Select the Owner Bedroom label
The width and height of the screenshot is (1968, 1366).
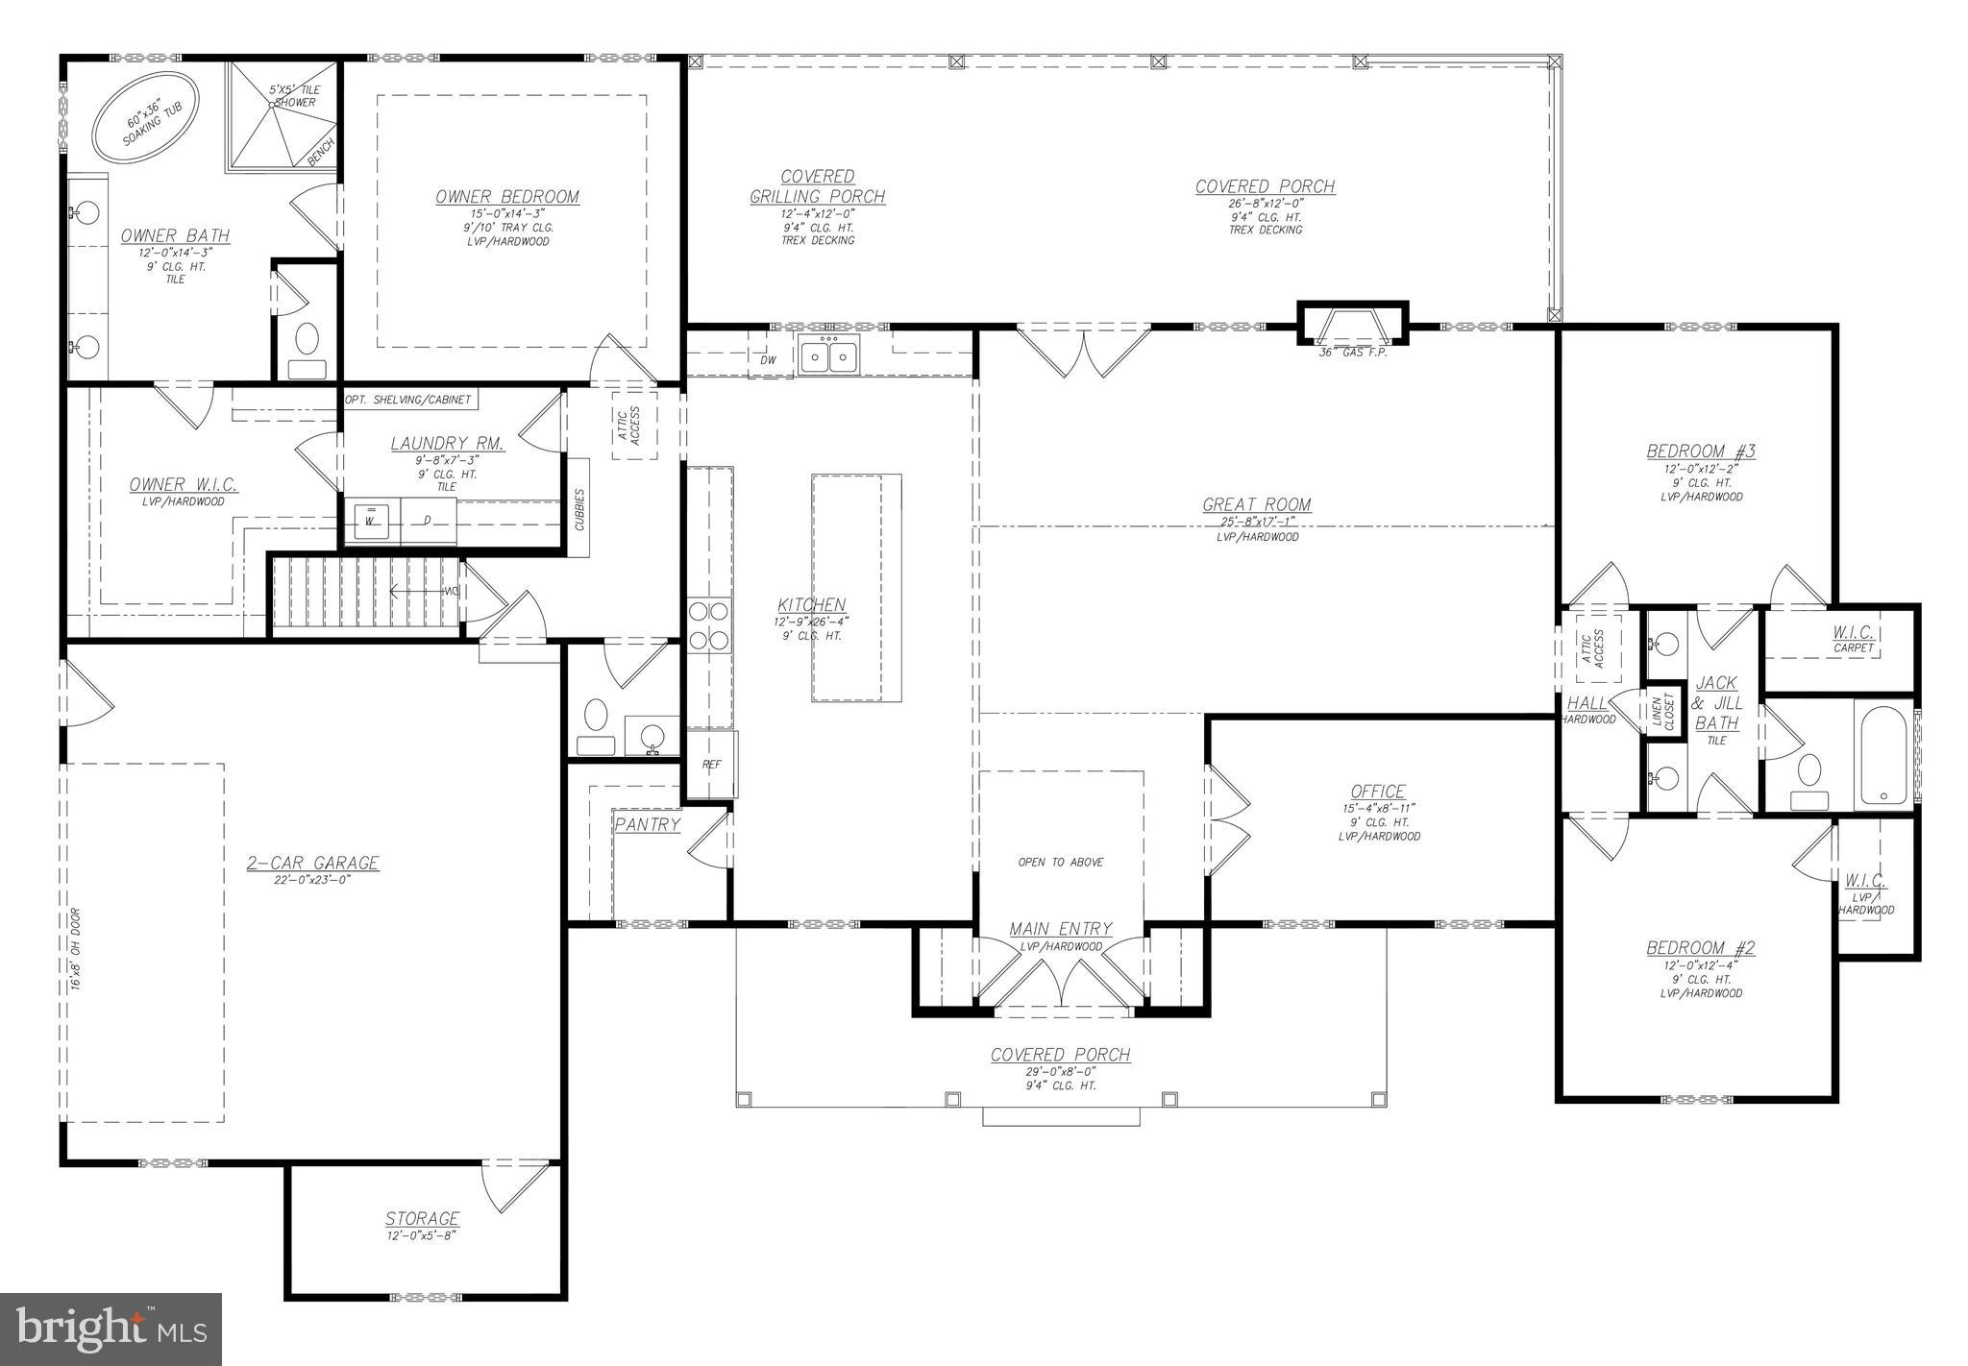(x=507, y=197)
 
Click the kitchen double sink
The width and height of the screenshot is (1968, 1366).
(x=828, y=356)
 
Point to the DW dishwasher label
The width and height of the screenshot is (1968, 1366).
(x=768, y=359)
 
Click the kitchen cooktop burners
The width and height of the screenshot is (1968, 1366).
(x=708, y=625)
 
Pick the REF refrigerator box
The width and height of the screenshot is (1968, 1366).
(x=711, y=765)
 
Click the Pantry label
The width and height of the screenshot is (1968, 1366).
(x=647, y=824)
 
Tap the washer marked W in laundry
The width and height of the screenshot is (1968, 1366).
(x=370, y=522)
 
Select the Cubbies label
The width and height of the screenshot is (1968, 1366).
(x=579, y=508)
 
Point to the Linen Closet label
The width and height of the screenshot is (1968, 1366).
(x=1662, y=712)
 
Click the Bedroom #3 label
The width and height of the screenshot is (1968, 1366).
(x=1700, y=451)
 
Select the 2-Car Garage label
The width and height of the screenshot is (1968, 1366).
(x=312, y=863)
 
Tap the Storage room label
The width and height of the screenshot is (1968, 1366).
(x=422, y=1218)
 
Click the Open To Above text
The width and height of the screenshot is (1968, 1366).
(x=1060, y=862)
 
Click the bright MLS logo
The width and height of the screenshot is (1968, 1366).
(x=111, y=1329)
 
